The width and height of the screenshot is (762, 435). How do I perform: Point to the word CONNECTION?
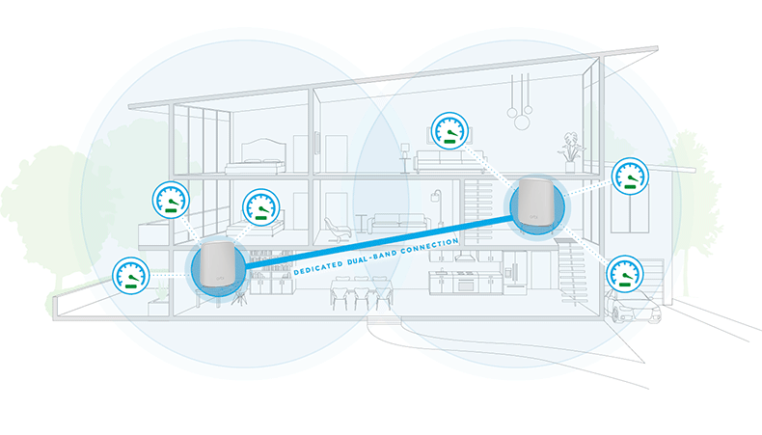click(x=429, y=245)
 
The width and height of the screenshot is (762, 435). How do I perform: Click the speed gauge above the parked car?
click(x=625, y=274)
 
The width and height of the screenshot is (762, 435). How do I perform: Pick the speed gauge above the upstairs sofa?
click(x=450, y=131)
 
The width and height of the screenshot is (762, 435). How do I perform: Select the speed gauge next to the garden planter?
click(x=131, y=276)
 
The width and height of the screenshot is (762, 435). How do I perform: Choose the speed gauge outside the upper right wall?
click(x=630, y=176)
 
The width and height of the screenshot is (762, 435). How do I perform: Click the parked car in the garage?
click(x=633, y=307)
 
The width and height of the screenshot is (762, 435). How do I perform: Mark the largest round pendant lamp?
click(x=522, y=121)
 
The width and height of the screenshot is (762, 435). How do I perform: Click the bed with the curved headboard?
click(x=256, y=157)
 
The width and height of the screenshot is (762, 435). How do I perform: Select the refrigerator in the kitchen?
click(x=515, y=273)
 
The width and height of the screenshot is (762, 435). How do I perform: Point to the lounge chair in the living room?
click(x=337, y=230)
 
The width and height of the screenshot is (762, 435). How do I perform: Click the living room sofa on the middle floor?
click(x=398, y=223)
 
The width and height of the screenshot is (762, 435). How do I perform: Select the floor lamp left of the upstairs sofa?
click(x=405, y=158)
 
